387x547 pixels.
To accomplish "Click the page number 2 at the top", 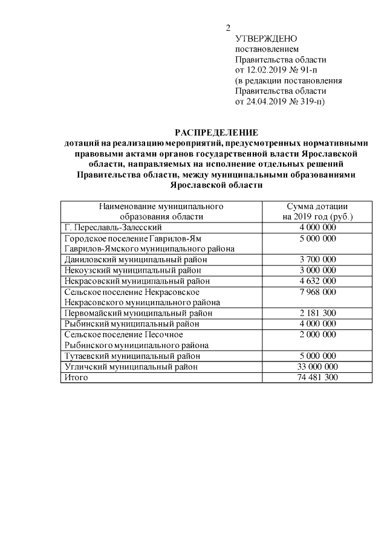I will pos(228,28).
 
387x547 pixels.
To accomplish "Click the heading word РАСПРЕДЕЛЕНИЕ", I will pos(216,132).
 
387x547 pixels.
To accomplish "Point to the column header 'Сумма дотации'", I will pos(317,206).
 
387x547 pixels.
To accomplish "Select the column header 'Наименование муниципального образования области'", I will pos(161,211).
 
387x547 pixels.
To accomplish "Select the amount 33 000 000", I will pos(317,366).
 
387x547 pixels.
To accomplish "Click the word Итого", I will pos(76,377).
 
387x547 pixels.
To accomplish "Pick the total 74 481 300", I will pos(317,377).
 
